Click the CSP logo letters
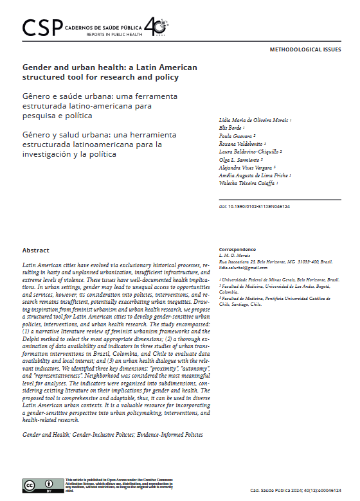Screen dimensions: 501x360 pyautogui.click(x=42, y=26)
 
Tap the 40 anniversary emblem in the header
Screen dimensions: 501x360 pyautogui.click(x=156, y=26)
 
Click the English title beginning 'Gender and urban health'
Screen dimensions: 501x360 pyautogui.click(x=110, y=72)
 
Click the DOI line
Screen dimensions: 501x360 pyautogui.click(x=255, y=206)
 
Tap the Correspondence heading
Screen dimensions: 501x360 pyautogui.click(x=237, y=249)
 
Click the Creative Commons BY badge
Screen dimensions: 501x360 pyautogui.click(x=40, y=487)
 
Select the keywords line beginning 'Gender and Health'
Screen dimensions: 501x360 pyautogui.click(x=113, y=435)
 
